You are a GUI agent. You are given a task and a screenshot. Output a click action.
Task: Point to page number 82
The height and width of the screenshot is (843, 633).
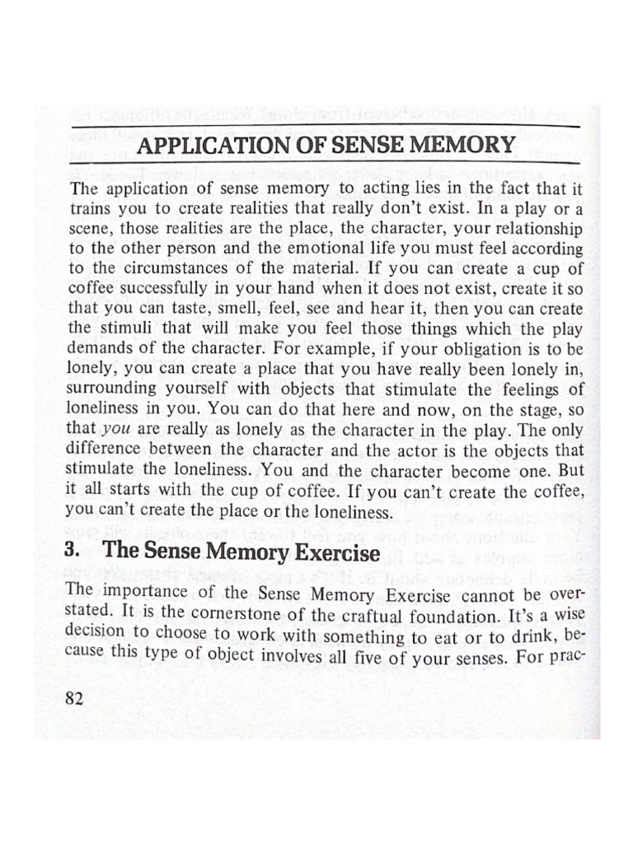tap(75, 699)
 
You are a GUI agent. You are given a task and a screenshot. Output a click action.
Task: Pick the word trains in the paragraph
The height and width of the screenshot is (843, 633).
tap(90, 209)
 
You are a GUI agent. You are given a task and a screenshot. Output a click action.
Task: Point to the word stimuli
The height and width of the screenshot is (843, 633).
tap(132, 328)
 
